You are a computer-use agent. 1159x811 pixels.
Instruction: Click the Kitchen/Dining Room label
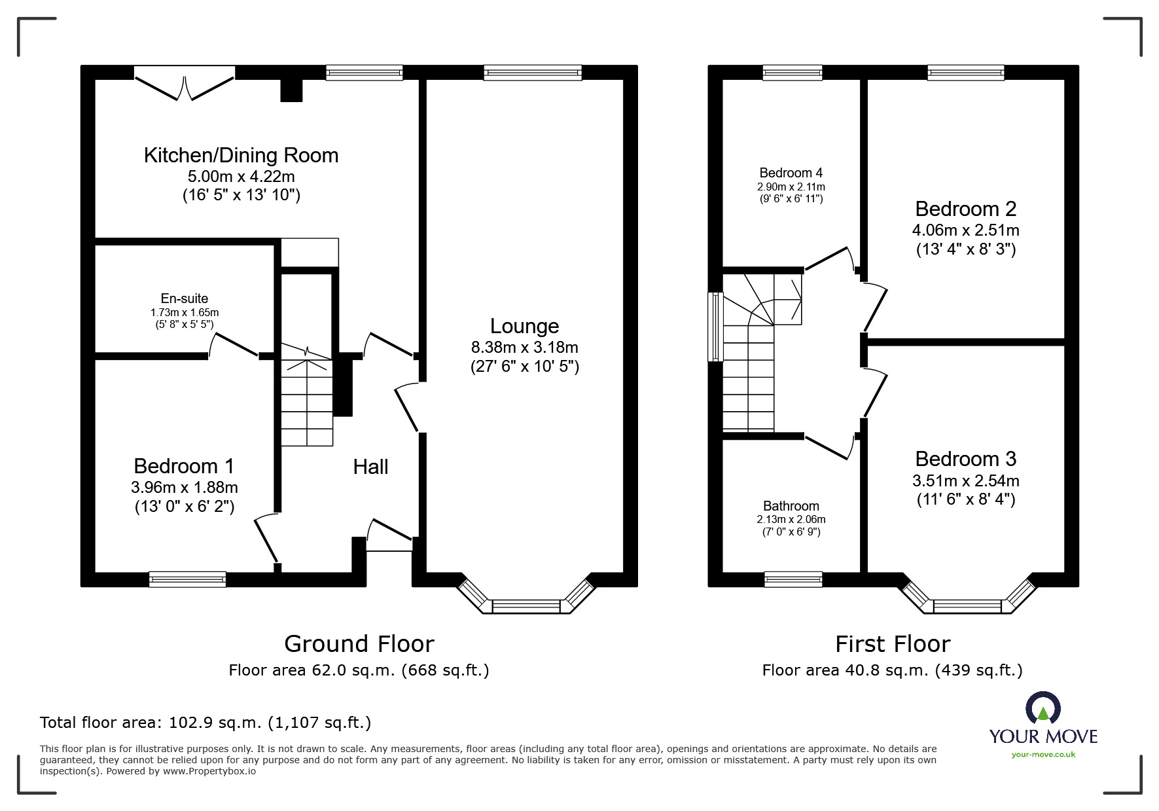point(241,155)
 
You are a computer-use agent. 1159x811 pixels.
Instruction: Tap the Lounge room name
point(524,326)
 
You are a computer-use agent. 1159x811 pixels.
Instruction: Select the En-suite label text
point(185,298)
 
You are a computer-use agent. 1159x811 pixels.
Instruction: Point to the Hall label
point(370,467)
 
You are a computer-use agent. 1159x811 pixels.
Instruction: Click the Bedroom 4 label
point(791,173)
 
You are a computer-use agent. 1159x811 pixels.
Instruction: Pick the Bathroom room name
point(791,506)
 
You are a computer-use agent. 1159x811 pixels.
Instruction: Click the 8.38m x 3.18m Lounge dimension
point(524,347)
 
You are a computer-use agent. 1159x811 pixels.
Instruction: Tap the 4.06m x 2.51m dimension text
point(965,230)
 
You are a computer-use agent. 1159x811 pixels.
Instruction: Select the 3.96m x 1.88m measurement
point(185,488)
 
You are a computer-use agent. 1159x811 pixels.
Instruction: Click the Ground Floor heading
point(359,644)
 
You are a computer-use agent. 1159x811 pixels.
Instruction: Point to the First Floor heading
point(893,644)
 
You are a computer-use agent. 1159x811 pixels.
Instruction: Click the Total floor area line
point(205,723)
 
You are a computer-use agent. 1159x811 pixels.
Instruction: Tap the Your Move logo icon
point(1043,708)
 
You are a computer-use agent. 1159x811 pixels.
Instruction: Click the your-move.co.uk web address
point(1043,755)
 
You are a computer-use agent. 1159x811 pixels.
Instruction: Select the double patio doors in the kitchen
point(185,83)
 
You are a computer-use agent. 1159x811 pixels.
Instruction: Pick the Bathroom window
point(793,579)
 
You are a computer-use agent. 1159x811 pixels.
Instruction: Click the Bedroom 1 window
point(187,579)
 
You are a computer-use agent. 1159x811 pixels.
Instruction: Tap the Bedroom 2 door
point(876,307)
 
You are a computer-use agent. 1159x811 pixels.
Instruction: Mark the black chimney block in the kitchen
point(292,91)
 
